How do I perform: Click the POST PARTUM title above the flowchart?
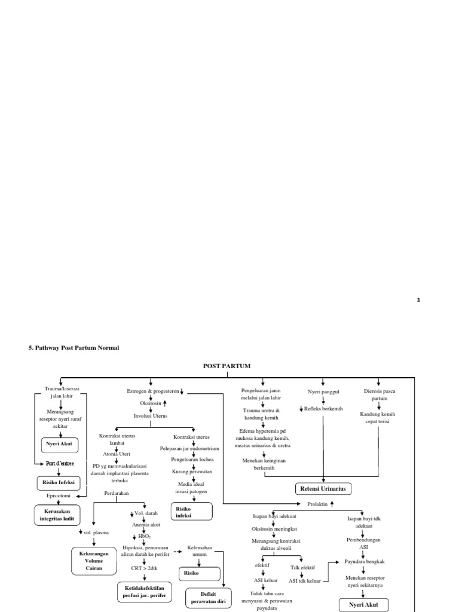tap(227, 366)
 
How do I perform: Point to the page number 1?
tap(419, 300)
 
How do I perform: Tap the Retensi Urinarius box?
tap(323, 489)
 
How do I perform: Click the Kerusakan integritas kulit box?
tap(57, 515)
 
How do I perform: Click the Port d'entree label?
tap(60, 463)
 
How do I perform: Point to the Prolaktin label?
tap(317, 504)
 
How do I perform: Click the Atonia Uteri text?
tap(117, 454)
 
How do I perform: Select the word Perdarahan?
tap(116, 493)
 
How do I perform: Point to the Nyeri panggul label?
tap(323, 391)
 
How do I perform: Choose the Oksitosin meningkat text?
tap(275, 529)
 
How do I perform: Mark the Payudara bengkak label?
tap(365, 562)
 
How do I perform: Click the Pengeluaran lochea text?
tap(193, 459)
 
